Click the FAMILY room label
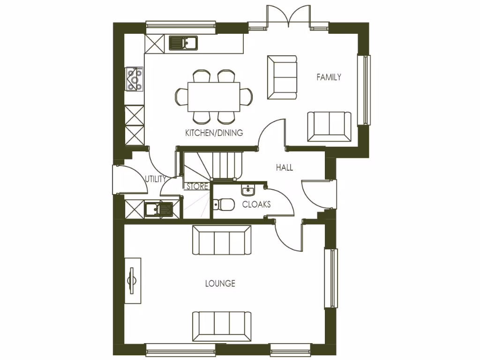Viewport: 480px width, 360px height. coord(329,77)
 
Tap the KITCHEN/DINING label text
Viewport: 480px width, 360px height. coord(214,133)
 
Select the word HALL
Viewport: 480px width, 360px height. coord(285,167)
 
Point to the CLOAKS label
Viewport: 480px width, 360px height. coord(256,204)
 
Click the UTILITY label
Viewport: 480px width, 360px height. coord(155,179)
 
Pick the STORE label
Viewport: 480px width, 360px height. coord(197,187)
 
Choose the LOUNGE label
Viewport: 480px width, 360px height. coord(220,284)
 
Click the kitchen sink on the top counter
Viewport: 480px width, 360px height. coord(183,43)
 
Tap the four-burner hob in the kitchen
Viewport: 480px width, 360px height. coord(134,78)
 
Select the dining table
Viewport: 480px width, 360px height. coord(214,97)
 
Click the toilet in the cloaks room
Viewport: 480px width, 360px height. coord(223,204)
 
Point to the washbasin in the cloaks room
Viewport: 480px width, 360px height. coord(248,190)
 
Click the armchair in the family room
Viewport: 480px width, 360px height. coord(282,77)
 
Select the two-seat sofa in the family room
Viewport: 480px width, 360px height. coord(329,127)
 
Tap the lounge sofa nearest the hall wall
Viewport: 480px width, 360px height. coord(222,240)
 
